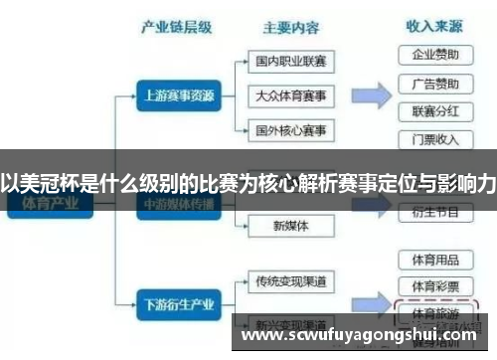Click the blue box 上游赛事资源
[x=177, y=95]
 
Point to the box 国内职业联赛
[x=290, y=62]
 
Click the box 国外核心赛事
[x=290, y=130]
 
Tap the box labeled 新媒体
[x=290, y=226]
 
